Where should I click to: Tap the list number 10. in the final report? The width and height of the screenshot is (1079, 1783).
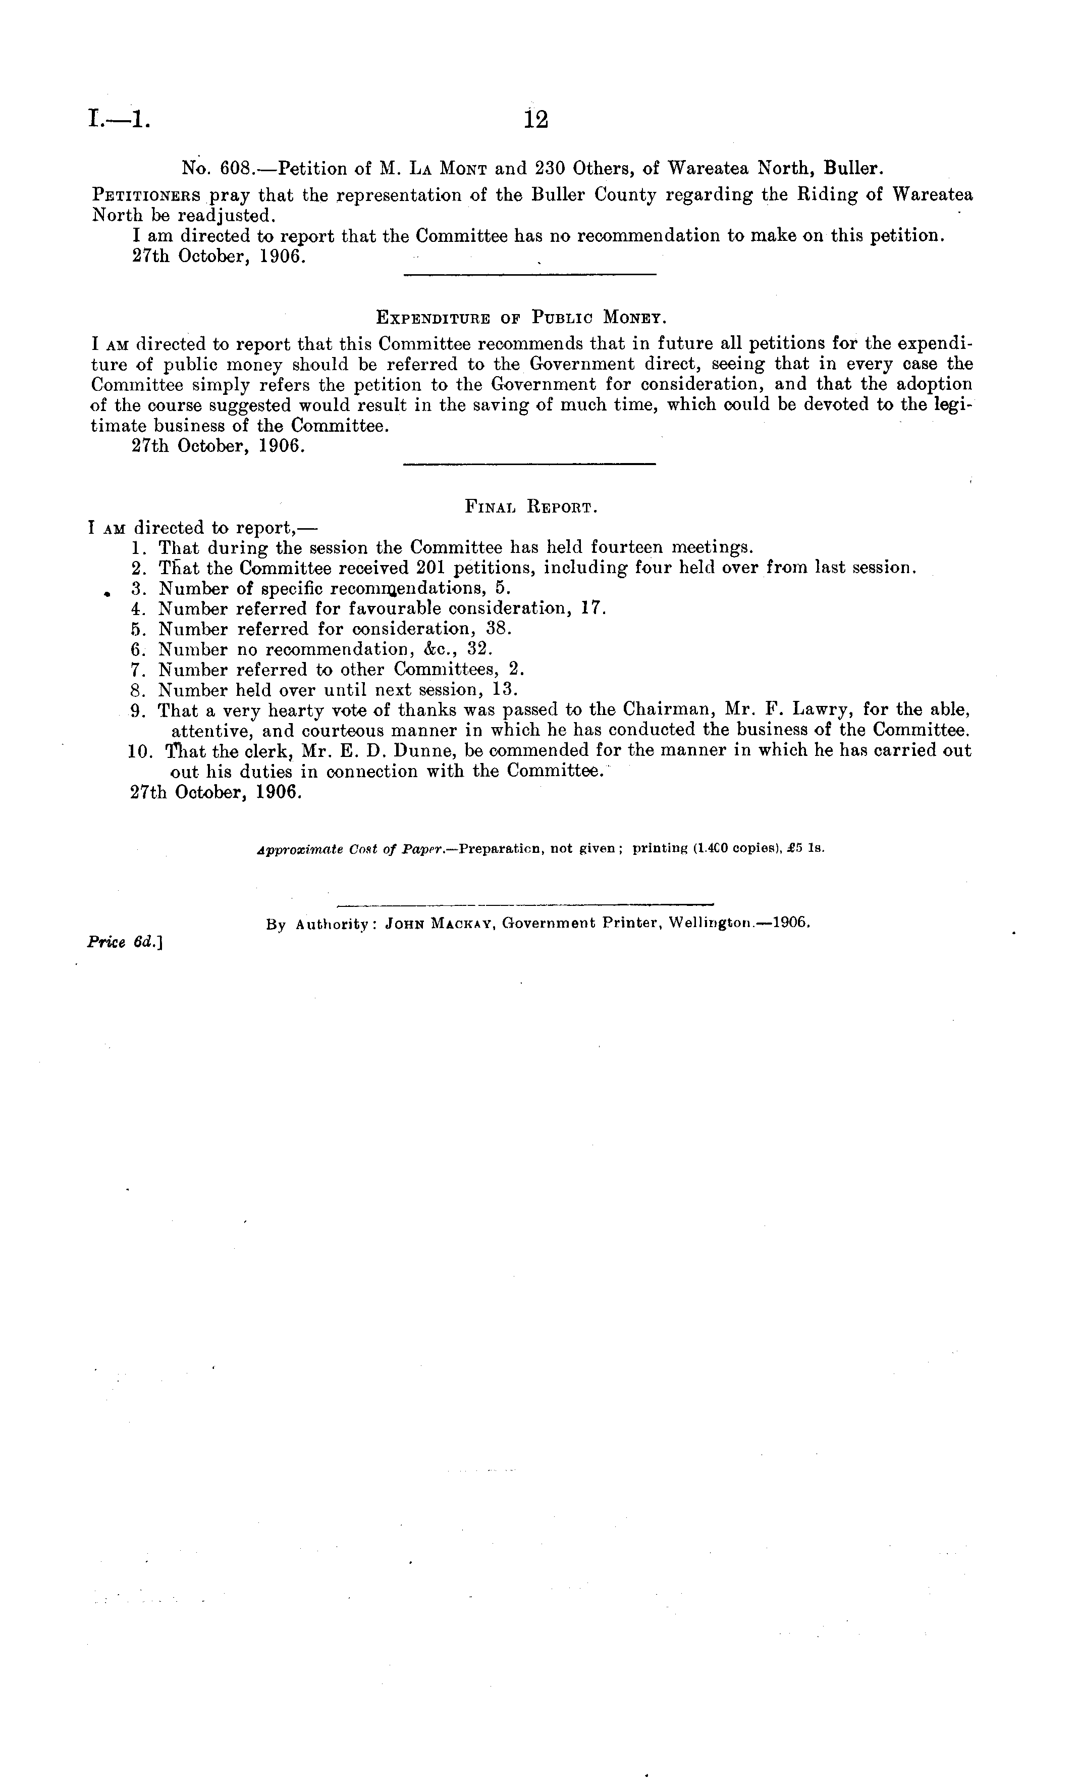pos(139,751)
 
